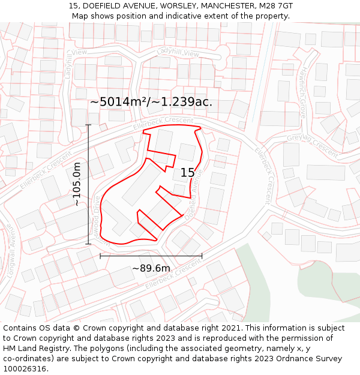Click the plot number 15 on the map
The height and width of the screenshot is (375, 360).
(x=187, y=173)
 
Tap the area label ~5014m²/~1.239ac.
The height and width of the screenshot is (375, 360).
(x=151, y=102)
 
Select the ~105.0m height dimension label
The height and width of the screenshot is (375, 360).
(x=77, y=184)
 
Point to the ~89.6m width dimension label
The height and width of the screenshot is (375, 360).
(x=151, y=268)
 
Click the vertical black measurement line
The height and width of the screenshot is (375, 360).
(x=89, y=184)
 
